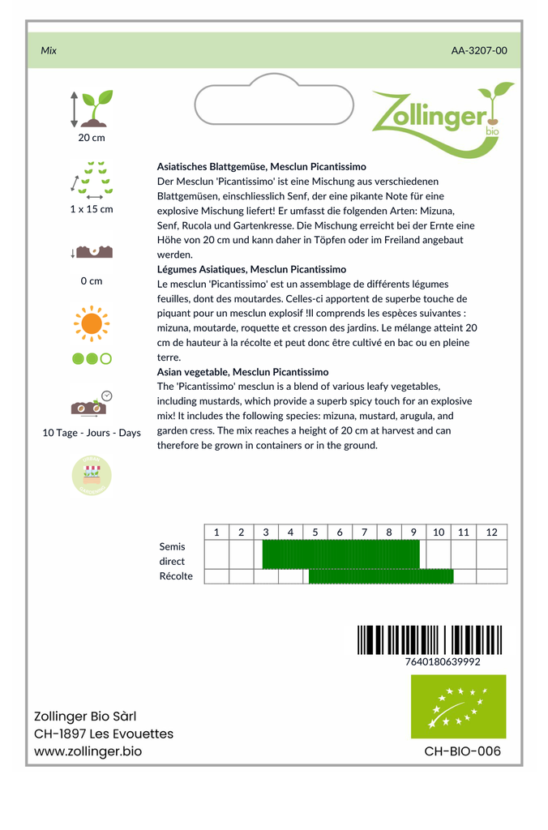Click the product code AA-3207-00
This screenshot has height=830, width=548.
(x=479, y=50)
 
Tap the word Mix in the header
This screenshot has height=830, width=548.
(x=49, y=50)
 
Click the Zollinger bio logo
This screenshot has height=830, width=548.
(x=442, y=118)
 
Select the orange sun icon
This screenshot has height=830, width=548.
(x=92, y=323)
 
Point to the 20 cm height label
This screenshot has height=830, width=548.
(x=92, y=137)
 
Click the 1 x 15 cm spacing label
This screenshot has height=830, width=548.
(x=92, y=209)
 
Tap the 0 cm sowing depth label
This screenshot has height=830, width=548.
(x=92, y=281)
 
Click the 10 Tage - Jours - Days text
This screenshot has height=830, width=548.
(x=92, y=433)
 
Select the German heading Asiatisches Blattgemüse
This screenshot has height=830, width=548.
(x=261, y=166)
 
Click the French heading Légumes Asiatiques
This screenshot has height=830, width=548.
(x=251, y=269)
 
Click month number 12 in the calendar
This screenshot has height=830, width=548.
(x=491, y=533)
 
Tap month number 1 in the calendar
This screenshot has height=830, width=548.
(x=216, y=533)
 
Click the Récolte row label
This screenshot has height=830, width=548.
(x=176, y=576)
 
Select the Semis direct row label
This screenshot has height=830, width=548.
(x=172, y=554)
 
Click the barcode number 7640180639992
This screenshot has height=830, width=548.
(x=442, y=662)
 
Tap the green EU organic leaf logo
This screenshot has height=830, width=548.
(x=458, y=706)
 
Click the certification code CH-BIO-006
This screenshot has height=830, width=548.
(x=462, y=751)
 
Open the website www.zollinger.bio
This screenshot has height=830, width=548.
(x=88, y=751)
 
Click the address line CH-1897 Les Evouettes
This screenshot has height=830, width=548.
(x=103, y=734)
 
